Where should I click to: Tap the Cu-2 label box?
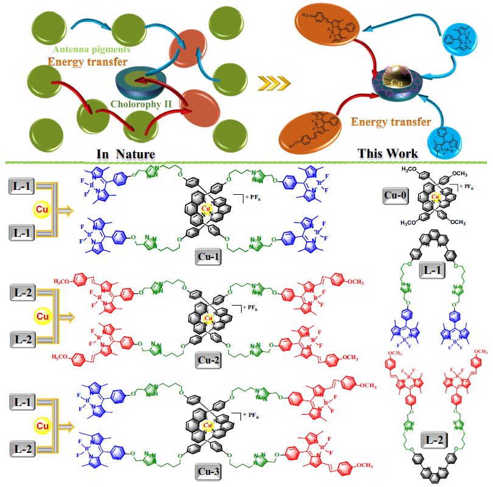click(209, 359)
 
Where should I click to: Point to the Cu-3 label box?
click(209, 471)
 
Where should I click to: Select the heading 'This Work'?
click(388, 152)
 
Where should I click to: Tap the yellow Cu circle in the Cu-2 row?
click(40, 317)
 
